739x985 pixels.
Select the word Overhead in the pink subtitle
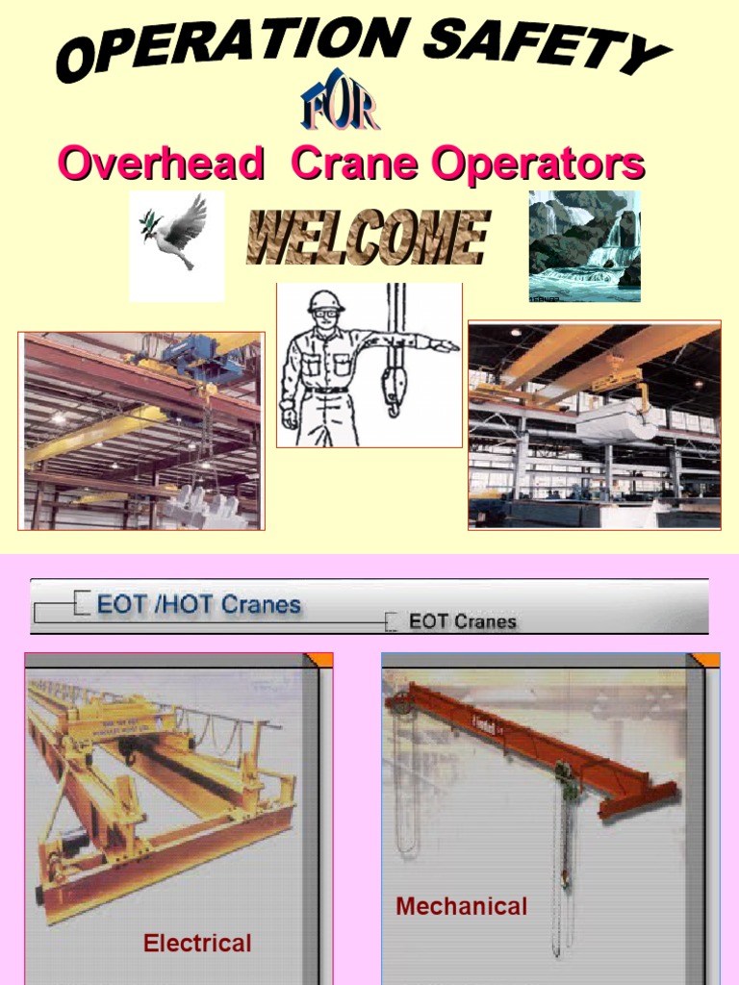(x=161, y=164)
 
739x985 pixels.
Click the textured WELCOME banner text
(x=367, y=239)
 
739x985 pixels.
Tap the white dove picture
(x=176, y=235)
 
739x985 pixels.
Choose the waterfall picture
(x=584, y=245)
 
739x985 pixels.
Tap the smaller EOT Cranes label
(x=462, y=621)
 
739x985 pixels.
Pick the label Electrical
(x=197, y=943)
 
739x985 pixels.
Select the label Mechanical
(x=462, y=906)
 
